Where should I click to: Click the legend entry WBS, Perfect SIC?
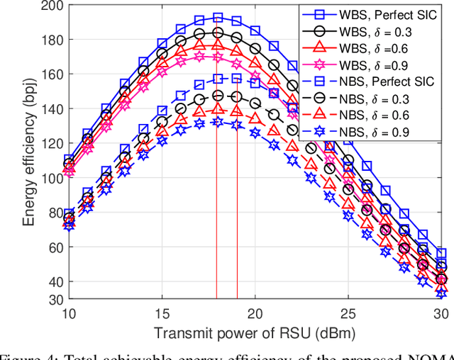pyautogui.click(x=393, y=13)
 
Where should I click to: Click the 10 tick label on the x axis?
pyautogui.click(x=69, y=313)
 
